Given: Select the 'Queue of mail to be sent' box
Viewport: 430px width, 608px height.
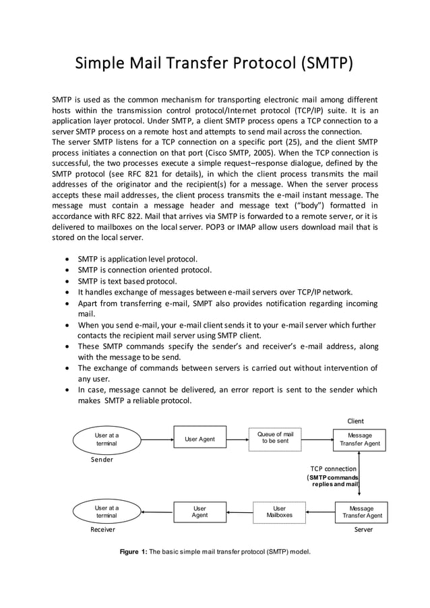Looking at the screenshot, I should point(276,437).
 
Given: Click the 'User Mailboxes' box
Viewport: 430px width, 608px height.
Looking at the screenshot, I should point(279,512).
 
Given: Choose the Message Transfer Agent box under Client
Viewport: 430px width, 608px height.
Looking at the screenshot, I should point(360,439).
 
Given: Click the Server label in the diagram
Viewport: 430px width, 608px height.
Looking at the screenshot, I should point(363,530).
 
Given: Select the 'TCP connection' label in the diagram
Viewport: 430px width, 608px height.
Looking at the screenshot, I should point(333,468).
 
